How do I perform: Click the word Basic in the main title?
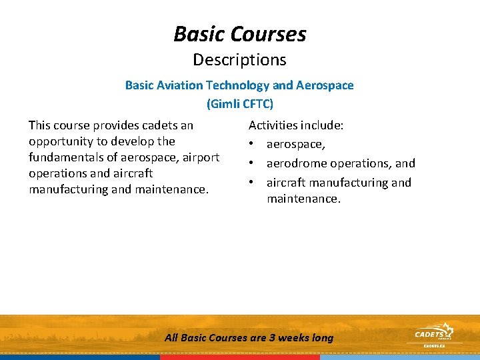point(199,33)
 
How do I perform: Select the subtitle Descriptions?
point(239,60)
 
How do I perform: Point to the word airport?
point(200,157)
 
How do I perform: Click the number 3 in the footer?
point(272,338)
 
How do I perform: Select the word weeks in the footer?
point(294,338)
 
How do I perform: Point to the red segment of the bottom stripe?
point(240,357)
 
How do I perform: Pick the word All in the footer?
point(171,338)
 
